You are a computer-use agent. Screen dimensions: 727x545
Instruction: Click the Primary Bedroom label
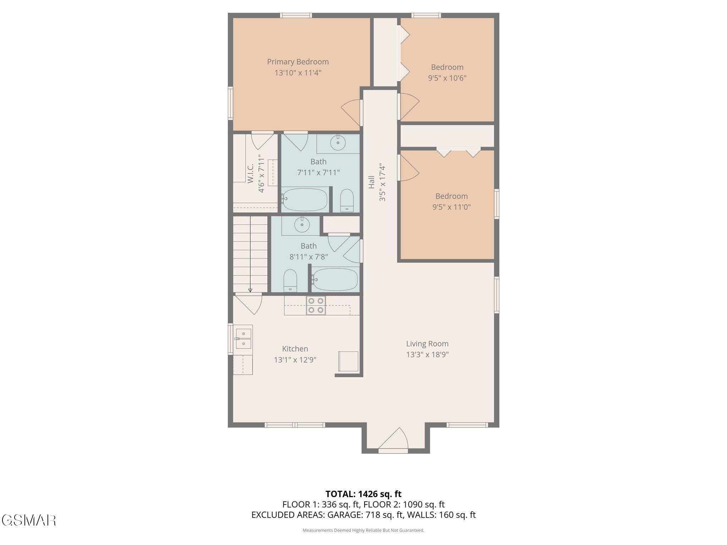click(298, 62)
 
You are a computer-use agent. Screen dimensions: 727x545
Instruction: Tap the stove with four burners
click(316, 305)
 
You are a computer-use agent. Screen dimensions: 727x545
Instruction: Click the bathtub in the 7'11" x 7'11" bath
click(305, 200)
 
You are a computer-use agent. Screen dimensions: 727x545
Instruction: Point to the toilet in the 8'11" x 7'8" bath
click(290, 281)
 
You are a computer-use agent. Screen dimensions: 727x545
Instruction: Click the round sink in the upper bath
click(338, 143)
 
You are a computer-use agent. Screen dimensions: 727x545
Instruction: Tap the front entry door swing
click(393, 440)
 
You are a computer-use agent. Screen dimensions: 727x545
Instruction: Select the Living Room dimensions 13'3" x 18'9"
click(427, 354)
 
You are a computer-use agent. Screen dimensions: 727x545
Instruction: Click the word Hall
click(372, 182)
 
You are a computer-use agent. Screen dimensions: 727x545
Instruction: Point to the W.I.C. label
click(251, 173)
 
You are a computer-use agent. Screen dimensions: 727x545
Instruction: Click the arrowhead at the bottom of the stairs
click(250, 290)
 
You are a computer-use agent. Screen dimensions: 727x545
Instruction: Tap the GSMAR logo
click(29, 520)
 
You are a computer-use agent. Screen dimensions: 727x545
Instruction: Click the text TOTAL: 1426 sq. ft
click(363, 494)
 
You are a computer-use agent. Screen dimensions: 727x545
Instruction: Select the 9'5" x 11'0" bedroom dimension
click(452, 207)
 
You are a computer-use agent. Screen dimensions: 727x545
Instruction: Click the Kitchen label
click(295, 349)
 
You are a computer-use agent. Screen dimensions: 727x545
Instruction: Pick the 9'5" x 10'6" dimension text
click(447, 78)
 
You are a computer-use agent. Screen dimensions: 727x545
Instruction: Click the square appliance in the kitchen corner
click(348, 361)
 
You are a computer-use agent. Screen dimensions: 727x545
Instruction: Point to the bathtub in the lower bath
click(335, 279)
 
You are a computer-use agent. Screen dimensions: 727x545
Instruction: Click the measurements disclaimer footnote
click(363, 530)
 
